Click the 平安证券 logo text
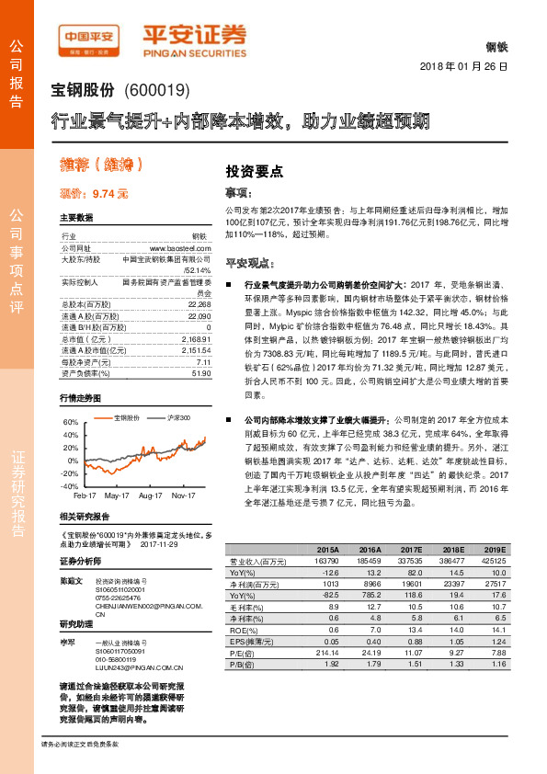pyautogui.click(x=195, y=36)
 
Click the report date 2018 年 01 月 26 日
pyautogui.click(x=463, y=68)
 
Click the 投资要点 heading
pyautogui.click(x=254, y=171)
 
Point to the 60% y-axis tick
pyautogui.click(x=68, y=422)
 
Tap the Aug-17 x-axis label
pyautogui.click(x=151, y=495)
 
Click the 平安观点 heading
pyautogui.click(x=251, y=262)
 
